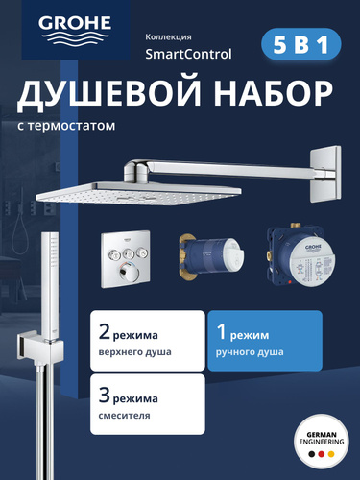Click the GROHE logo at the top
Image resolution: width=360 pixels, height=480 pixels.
pyautogui.click(x=75, y=30)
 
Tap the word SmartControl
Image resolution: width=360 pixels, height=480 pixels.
pyautogui.click(x=188, y=54)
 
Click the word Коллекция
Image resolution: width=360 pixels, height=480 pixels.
pyautogui.click(x=168, y=37)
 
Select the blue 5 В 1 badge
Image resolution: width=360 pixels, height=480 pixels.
pyautogui.click(x=301, y=44)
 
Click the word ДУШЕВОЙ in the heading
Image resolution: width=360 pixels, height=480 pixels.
pyautogui.click(x=109, y=94)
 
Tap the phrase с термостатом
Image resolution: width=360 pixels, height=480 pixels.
pyautogui.click(x=66, y=126)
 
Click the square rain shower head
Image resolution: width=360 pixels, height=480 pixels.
pyautogui.click(x=138, y=191)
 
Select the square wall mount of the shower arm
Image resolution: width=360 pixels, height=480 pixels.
pyautogui.click(x=325, y=174)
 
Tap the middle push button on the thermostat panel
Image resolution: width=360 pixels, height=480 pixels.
pyautogui.click(x=128, y=254)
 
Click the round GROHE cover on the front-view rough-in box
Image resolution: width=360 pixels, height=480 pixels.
pyautogui.click(x=312, y=262)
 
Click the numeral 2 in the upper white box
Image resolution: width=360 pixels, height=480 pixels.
pyautogui.click(x=105, y=333)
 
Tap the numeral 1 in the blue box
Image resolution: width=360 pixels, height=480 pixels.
pyautogui.click(x=222, y=332)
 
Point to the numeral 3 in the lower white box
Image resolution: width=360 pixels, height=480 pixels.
pyautogui.click(x=105, y=396)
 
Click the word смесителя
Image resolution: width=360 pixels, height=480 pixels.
pyautogui.click(x=124, y=416)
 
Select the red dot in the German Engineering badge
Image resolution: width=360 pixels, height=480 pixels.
pyautogui.click(x=322, y=454)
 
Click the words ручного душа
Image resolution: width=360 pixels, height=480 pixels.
pyautogui.click(x=250, y=352)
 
